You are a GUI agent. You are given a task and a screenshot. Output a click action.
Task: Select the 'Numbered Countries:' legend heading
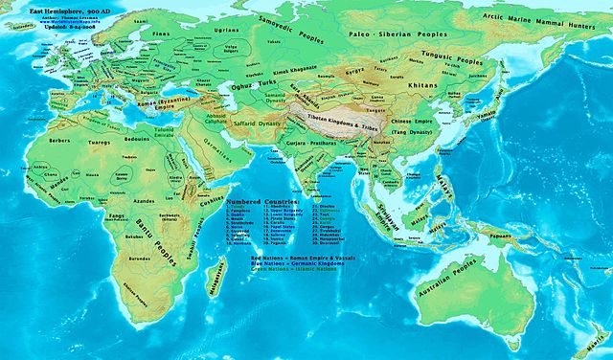click(x=263, y=203)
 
